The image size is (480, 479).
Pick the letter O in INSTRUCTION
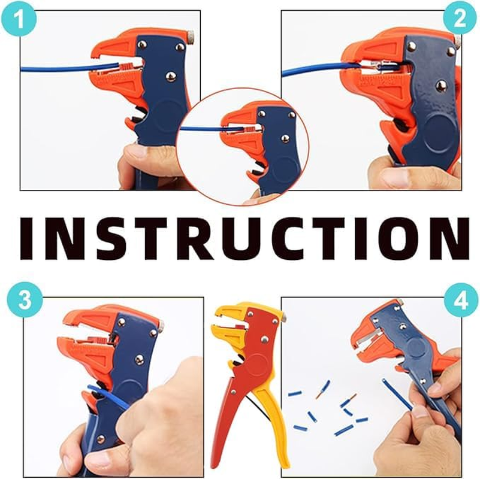[x=393, y=238]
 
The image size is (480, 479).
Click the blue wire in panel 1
[x=54, y=69]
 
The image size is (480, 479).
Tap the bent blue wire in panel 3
[x=108, y=395]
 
